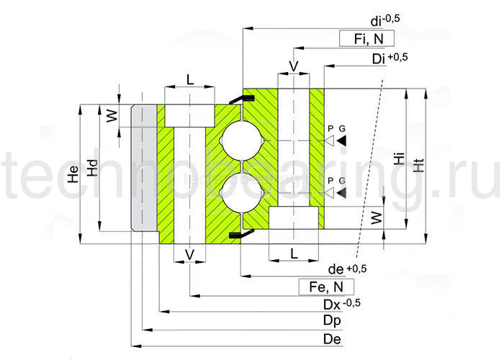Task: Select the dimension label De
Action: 332,338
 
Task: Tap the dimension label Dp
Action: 332,320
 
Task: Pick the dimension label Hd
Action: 92,168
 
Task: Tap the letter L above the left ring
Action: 189,79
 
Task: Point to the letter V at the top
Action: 293,66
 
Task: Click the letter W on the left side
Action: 111,115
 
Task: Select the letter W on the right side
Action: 376,217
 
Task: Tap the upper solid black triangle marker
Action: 342,139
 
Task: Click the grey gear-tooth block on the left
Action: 144,168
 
